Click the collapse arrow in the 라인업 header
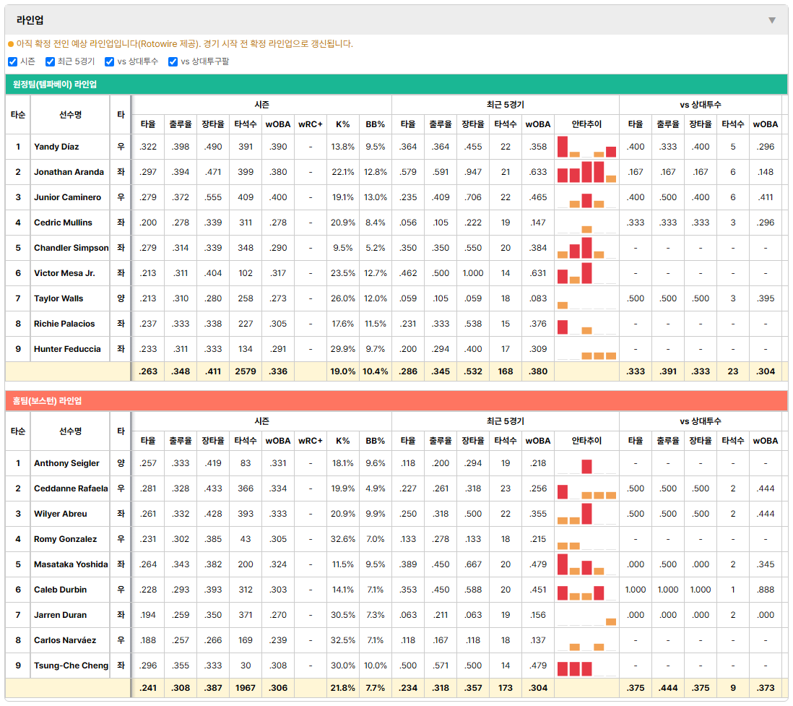pos(772,20)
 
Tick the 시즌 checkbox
pos(13,61)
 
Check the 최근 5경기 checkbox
pos(50,61)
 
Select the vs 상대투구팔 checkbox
pos(173,61)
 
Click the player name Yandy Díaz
pos(56,147)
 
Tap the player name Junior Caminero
pos(67,197)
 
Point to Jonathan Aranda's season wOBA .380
pos(278,172)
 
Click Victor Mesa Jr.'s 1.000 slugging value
pos(473,273)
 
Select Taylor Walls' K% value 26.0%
pos(343,298)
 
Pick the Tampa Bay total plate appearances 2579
pos(246,371)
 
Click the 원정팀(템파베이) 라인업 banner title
pos(55,85)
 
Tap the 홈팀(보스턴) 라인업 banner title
pos(47,401)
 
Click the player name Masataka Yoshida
pos(71,564)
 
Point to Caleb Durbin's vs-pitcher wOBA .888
pos(766,590)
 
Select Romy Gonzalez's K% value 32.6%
pos(343,539)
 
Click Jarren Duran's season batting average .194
pos(148,615)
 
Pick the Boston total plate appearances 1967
pos(246,688)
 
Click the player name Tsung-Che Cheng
pos(71,666)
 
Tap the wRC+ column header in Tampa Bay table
pos(310,124)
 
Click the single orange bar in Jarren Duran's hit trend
pos(611,621)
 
